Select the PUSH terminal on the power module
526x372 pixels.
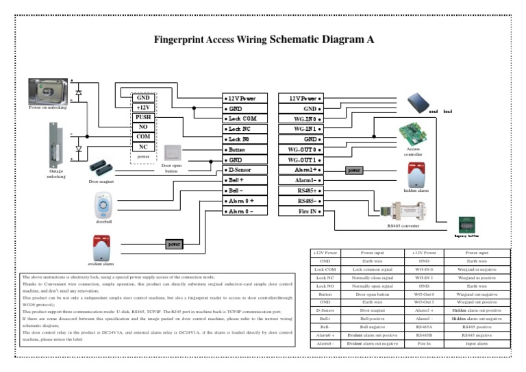[143, 117]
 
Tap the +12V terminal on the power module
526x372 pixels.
[143, 108]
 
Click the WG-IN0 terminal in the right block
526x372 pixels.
[301, 119]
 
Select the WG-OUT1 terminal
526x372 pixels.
[301, 160]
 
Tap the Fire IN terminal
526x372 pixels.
[301, 212]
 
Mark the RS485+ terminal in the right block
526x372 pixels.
[301, 190]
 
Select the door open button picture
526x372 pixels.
[171, 153]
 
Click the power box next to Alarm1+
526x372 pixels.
[354, 170]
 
